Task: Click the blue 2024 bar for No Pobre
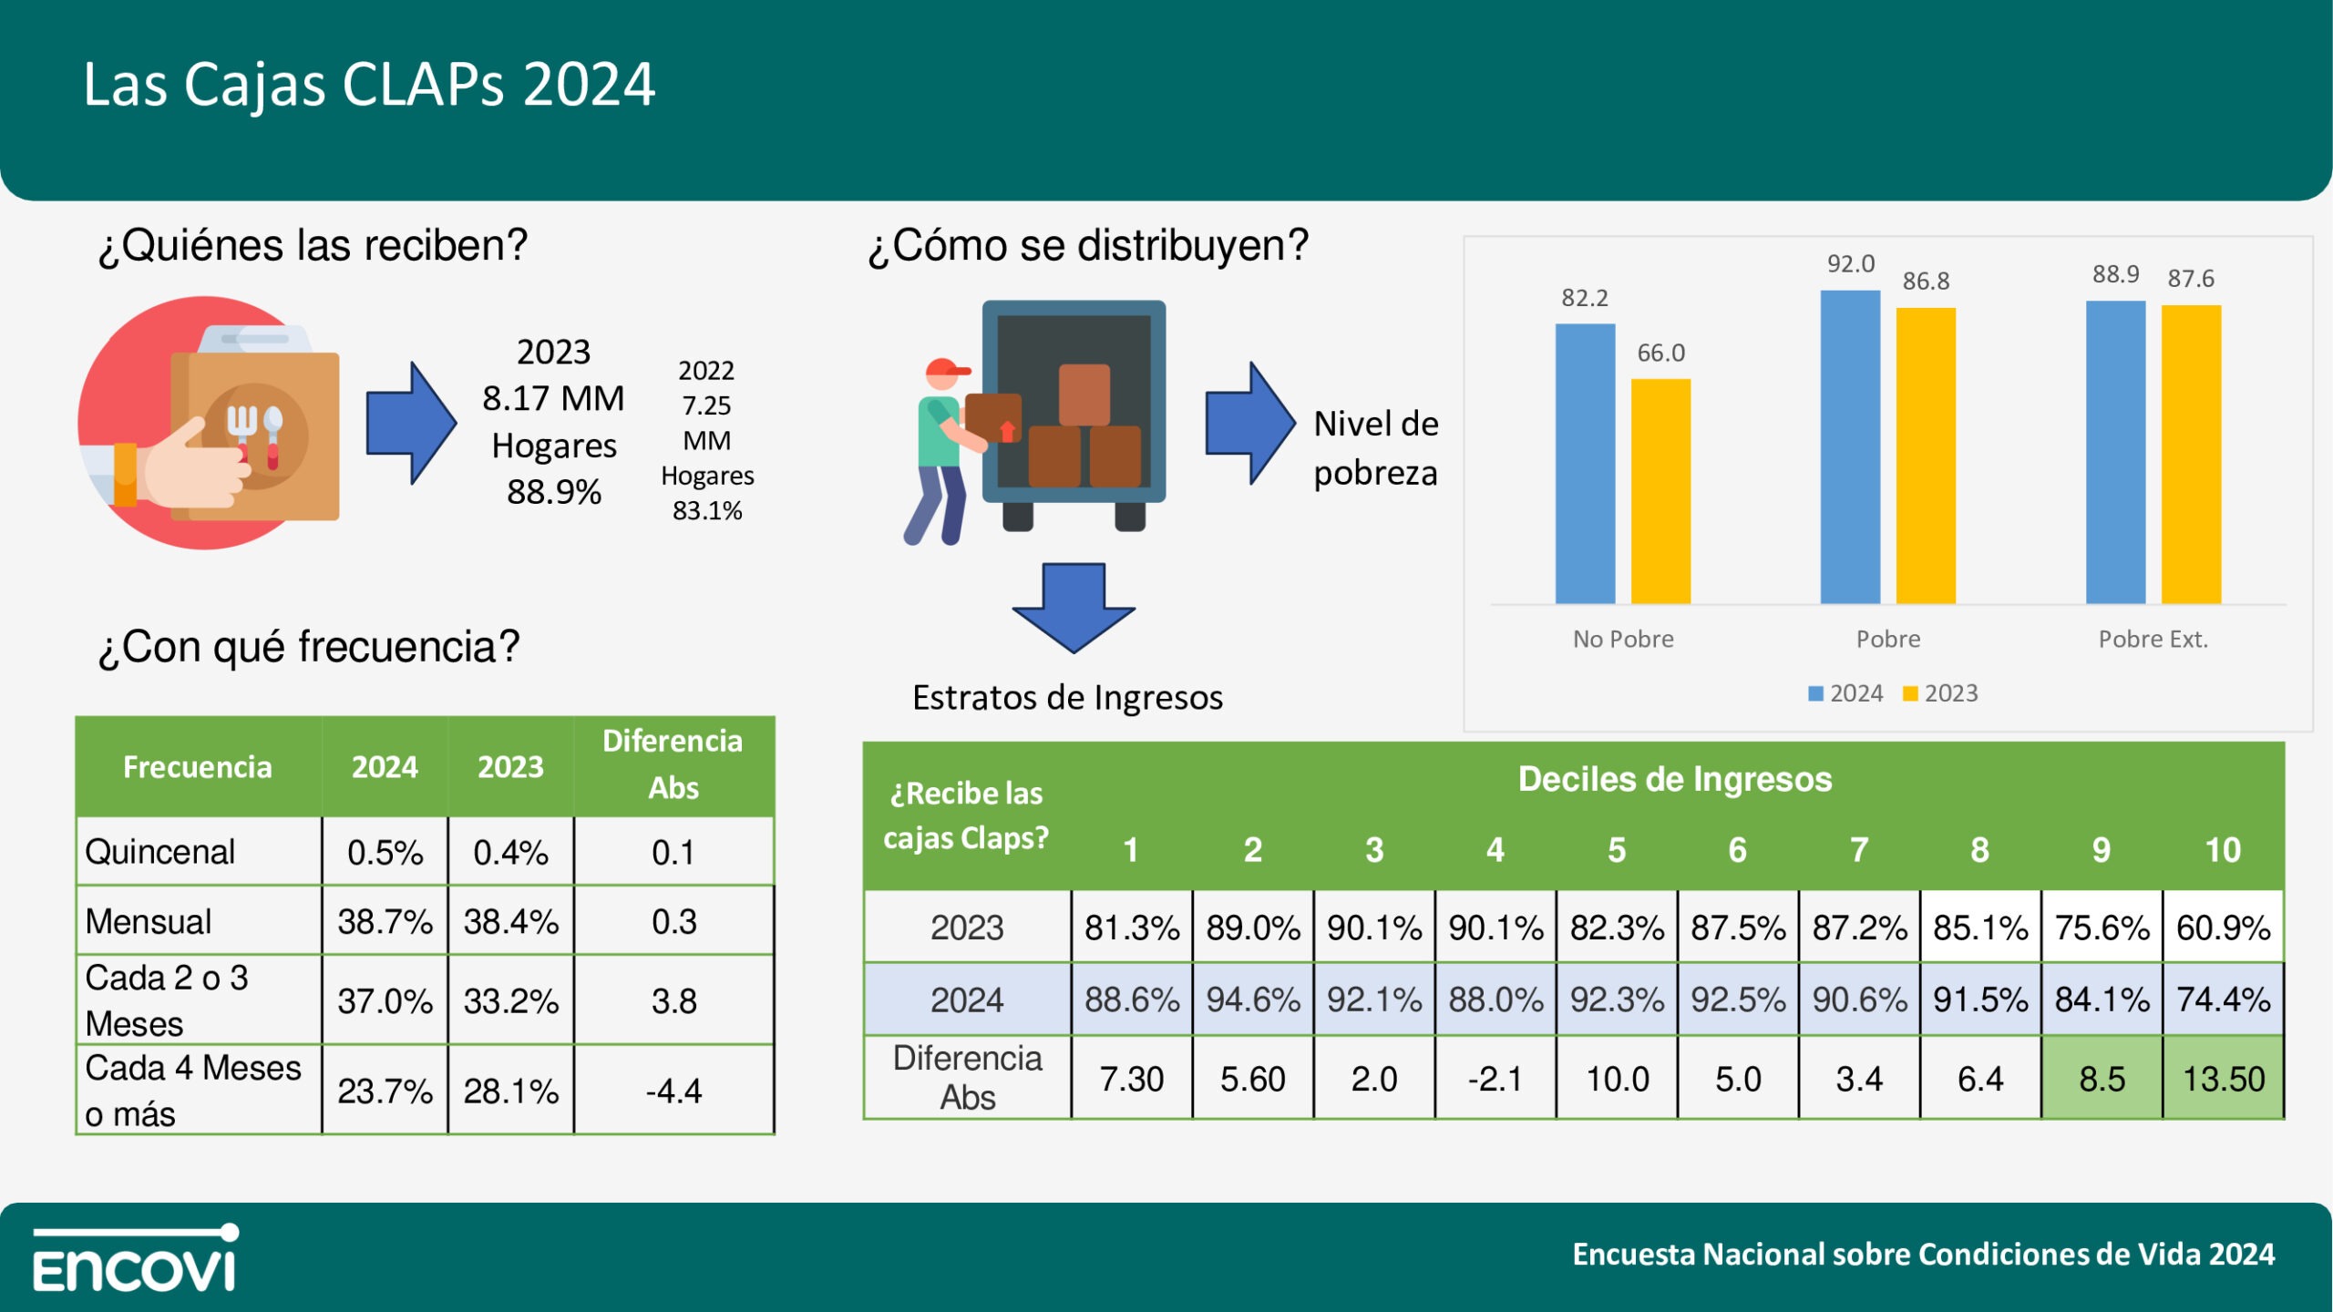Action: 1585,464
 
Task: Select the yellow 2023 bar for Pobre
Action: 1926,456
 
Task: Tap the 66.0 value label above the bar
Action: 1660,353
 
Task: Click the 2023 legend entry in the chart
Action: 1940,693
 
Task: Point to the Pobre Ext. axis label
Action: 2153,639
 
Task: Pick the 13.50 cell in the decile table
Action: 2223,1079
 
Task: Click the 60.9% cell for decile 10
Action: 2223,928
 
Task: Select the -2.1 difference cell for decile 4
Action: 1495,1079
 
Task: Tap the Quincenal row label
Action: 160,852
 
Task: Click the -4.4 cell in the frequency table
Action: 673,1091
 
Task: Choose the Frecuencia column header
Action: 197,767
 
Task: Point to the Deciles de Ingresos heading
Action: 1674,779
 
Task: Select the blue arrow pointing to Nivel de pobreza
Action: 1249,423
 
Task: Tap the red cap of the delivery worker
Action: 945,369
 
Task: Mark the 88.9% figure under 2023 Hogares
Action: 553,492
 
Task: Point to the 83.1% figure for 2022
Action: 707,510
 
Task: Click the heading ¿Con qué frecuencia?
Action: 309,647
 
